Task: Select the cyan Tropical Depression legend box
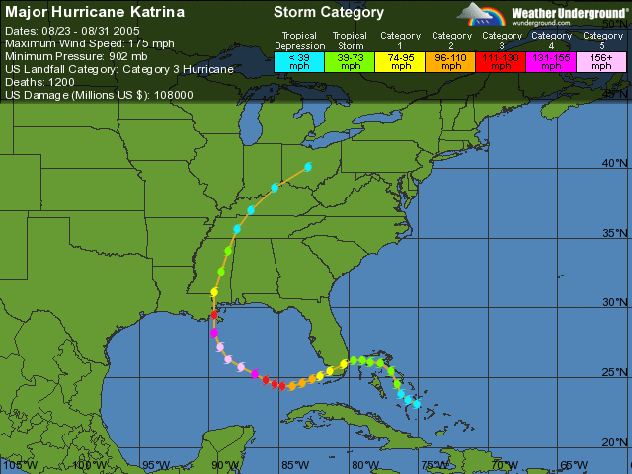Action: pos(298,61)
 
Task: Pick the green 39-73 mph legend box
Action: pos(350,61)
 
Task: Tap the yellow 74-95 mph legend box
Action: pos(400,61)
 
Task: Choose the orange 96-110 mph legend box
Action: pos(451,61)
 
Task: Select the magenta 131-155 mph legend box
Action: pos(551,61)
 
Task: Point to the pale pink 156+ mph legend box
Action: pos(601,61)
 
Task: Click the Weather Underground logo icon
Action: pos(483,14)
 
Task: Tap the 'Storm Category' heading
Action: pos(329,13)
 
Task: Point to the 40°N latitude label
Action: pos(616,163)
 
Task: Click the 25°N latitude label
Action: pos(616,372)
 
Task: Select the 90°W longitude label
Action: pos(225,465)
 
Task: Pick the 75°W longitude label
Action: pos(434,465)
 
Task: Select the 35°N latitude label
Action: pos(616,233)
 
